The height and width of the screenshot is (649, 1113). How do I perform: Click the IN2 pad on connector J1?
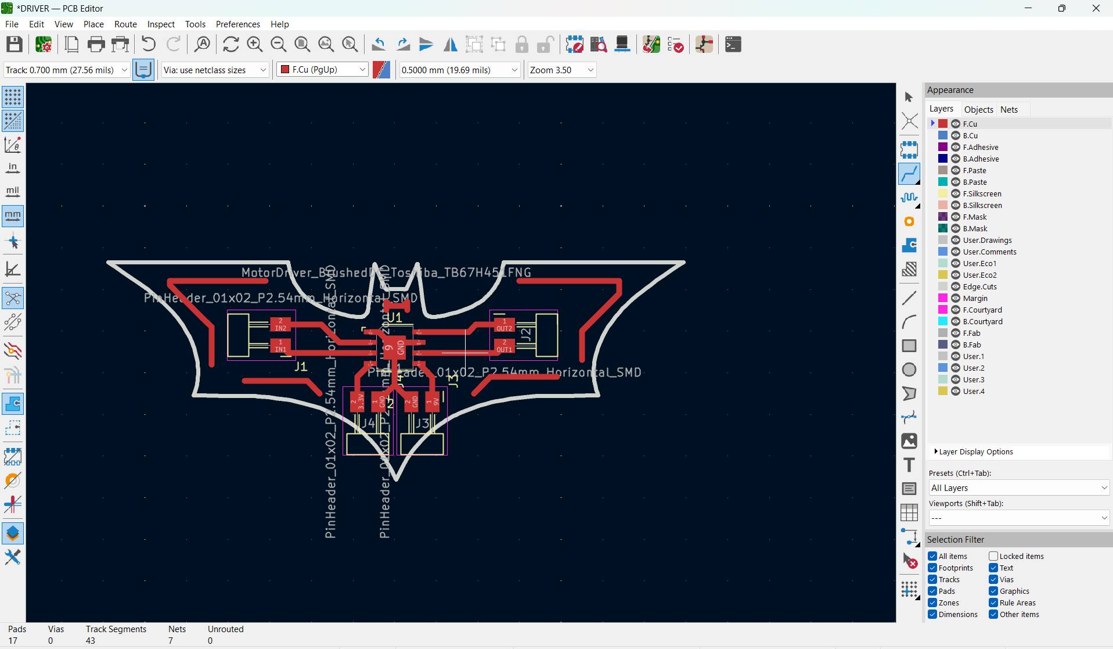[x=280, y=324]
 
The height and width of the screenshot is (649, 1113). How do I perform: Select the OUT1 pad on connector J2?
[x=504, y=346]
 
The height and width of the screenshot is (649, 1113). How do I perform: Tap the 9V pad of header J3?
[x=433, y=401]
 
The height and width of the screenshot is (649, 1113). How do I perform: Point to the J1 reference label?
[x=300, y=367]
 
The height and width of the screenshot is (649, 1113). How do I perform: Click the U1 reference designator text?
[x=394, y=317]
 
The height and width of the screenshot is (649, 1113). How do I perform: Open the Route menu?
[x=125, y=24]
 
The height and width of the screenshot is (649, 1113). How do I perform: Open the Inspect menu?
[x=161, y=24]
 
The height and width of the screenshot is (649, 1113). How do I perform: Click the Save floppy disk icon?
[x=15, y=45]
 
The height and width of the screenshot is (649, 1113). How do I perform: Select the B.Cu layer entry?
[x=970, y=135]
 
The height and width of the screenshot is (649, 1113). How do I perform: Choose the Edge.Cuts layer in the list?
[x=979, y=286]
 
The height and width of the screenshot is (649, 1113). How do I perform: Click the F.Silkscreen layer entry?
[x=982, y=193]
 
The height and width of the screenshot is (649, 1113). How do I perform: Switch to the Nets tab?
[x=1008, y=109]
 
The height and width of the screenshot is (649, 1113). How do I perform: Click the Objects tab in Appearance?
[x=978, y=109]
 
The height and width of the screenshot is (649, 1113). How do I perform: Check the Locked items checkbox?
[x=993, y=556]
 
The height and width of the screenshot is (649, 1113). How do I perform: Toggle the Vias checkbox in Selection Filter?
[x=993, y=579]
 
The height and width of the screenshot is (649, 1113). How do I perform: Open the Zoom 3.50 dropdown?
[x=561, y=70]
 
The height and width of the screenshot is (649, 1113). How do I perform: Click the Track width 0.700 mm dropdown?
[x=66, y=70]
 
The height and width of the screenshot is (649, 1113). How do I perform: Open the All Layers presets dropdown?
[x=1019, y=488]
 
